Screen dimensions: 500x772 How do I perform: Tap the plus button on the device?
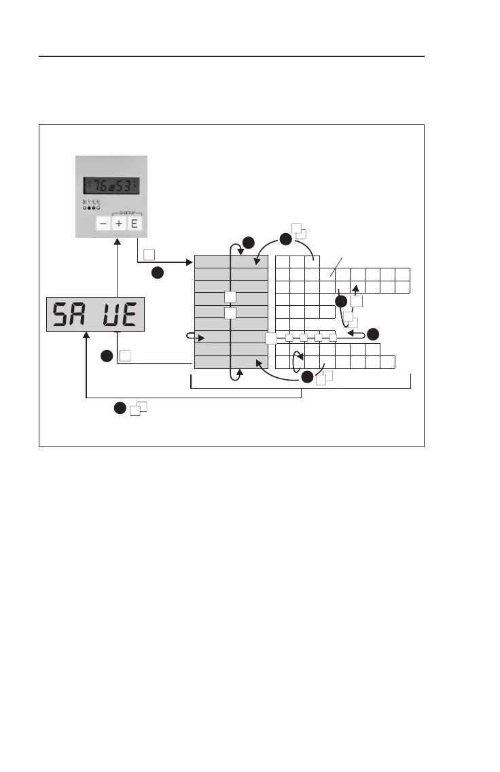(118, 223)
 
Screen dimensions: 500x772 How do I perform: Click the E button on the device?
(134, 223)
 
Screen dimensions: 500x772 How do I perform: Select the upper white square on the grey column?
(231, 296)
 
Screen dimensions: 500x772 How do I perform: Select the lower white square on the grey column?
(231, 313)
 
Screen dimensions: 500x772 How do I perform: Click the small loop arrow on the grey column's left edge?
(194, 336)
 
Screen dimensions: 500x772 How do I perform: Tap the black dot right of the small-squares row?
(373, 334)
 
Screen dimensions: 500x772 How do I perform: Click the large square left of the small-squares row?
(271, 338)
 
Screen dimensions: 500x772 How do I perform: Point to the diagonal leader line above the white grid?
(337, 266)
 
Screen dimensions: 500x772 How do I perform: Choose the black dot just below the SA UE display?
(107, 356)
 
